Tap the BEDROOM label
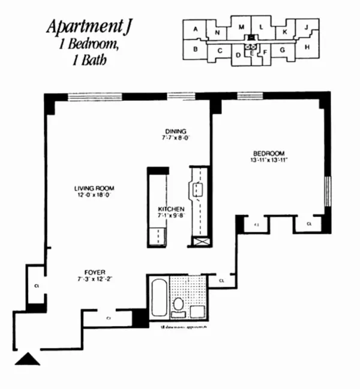(268, 153)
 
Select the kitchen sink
(198, 191)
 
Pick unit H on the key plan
(307, 47)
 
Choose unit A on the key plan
(195, 28)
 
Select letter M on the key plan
(241, 27)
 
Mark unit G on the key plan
(281, 50)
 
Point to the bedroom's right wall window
(328, 191)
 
